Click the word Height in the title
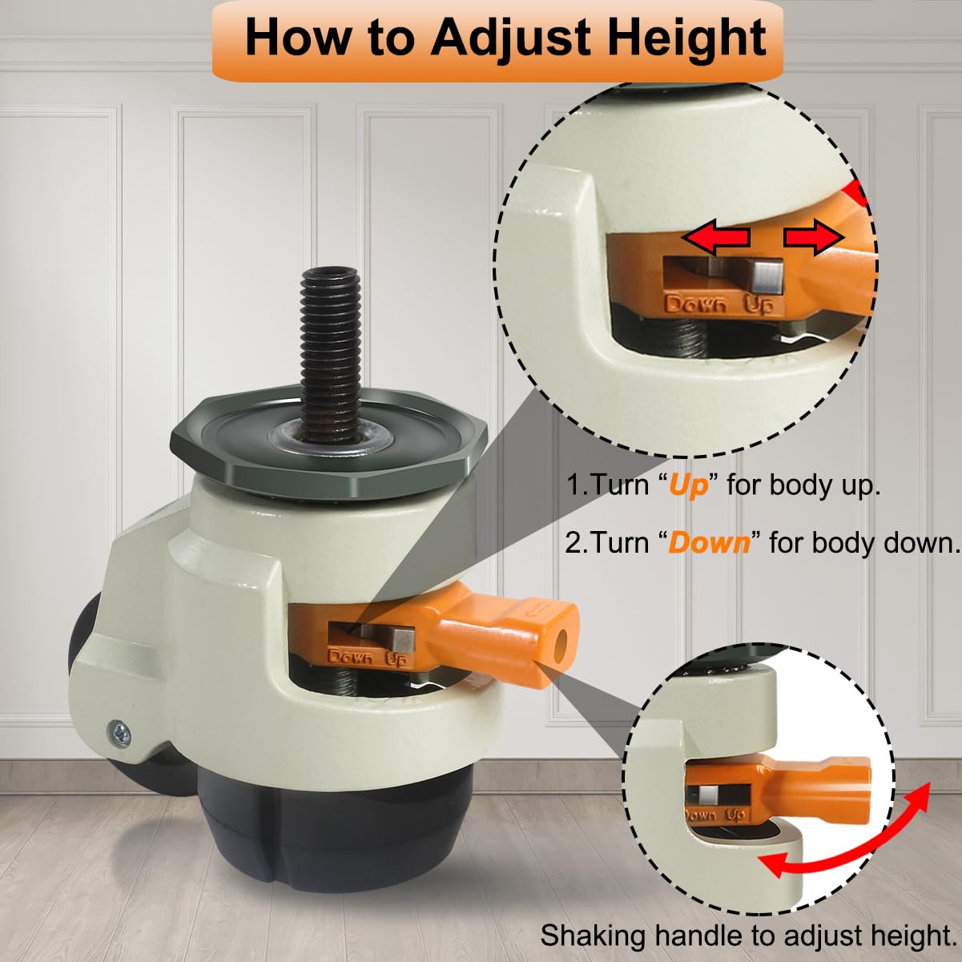point(678,38)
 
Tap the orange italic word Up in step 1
point(689,485)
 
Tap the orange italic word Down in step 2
point(709,542)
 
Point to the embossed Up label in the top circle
point(759,305)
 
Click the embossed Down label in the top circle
point(697,304)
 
